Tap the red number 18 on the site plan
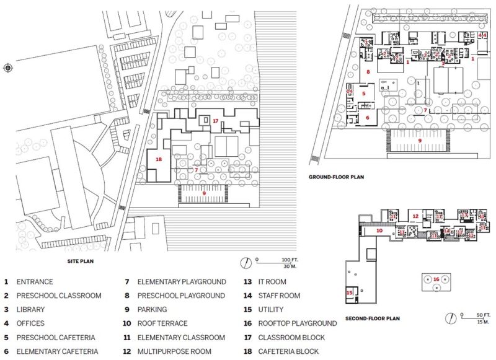(x=159, y=159)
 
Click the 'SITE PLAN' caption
(x=80, y=262)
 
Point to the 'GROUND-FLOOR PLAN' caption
(x=336, y=177)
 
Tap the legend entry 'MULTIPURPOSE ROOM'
(x=175, y=351)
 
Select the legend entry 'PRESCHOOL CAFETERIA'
(x=56, y=338)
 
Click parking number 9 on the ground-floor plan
(x=420, y=141)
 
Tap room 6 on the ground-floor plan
(x=367, y=116)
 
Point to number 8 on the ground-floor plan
(x=368, y=72)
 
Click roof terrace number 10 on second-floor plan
(x=379, y=230)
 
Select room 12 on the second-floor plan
(x=417, y=216)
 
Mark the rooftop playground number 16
(x=436, y=279)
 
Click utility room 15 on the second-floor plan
(x=350, y=292)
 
